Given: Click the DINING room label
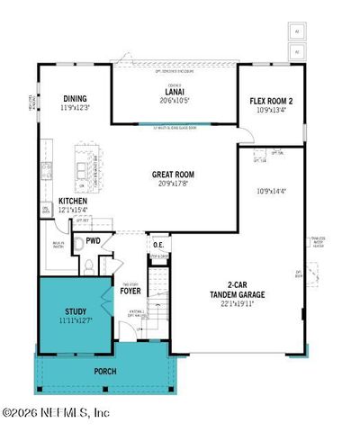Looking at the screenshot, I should click(74, 99).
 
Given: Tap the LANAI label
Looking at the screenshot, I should click(174, 91).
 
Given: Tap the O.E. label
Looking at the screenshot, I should click(157, 243).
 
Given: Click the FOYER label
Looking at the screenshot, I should click(131, 291).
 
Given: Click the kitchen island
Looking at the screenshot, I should click(86, 168).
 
